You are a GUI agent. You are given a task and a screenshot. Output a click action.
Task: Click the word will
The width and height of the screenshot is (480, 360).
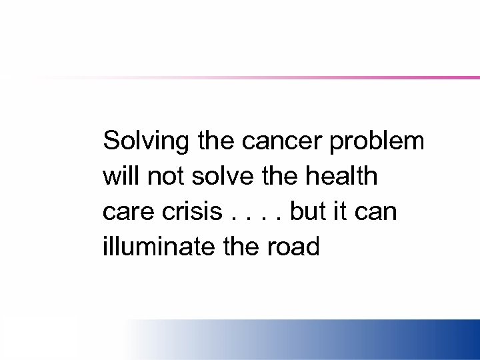point(121,177)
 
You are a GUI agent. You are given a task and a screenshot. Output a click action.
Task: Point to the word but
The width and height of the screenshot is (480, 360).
point(308,212)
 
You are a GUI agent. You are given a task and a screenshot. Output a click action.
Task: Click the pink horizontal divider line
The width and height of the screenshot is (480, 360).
point(333,77)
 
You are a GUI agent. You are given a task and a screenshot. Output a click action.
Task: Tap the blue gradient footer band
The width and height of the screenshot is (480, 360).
point(333,340)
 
